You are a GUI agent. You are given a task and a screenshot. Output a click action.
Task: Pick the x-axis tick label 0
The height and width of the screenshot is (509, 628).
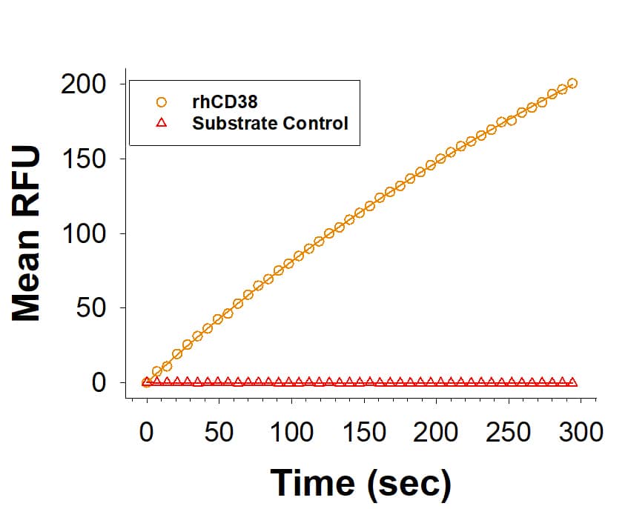[146, 432]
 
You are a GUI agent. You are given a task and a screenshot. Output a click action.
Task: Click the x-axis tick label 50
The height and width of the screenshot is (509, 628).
[219, 432]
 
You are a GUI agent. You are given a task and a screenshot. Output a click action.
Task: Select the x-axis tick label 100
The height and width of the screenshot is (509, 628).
[291, 432]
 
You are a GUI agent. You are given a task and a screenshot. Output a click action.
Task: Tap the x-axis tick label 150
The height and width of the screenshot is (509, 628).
[364, 432]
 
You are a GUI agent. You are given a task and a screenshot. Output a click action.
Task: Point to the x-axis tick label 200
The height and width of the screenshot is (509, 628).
[437, 432]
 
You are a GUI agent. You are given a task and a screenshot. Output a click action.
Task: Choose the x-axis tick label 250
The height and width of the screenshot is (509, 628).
[509, 432]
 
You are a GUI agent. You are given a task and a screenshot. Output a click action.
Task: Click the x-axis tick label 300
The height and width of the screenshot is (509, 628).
[581, 432]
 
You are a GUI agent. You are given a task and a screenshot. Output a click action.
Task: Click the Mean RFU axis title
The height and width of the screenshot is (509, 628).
[27, 234]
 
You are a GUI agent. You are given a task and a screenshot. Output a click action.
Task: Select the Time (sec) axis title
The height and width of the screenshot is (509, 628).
[360, 483]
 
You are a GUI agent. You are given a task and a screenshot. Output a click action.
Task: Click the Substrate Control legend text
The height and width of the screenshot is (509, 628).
[270, 123]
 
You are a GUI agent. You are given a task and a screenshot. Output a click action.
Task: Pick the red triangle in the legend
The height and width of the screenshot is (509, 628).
[161, 123]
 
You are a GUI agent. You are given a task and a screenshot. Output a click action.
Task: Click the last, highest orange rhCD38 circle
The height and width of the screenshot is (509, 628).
[572, 83]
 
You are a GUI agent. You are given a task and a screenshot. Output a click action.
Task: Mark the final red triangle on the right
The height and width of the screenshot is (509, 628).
[572, 382]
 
